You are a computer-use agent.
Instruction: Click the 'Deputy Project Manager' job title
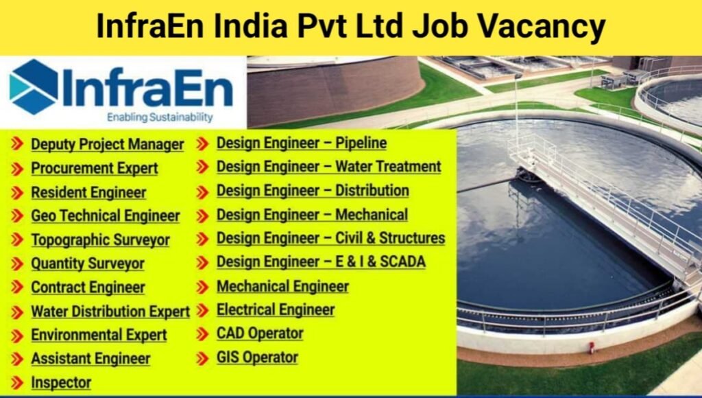coord(107,145)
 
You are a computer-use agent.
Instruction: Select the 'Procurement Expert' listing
coord(95,168)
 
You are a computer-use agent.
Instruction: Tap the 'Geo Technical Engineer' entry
coord(106,215)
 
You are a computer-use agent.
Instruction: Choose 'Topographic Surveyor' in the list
coord(100,240)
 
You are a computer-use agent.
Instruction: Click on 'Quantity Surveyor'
coord(88,264)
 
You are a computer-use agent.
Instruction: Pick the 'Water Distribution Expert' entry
coord(110,312)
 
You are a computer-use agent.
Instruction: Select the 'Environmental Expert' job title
coord(99,335)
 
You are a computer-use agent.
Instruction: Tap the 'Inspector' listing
coord(61,382)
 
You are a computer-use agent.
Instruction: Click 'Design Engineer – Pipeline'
coord(302,143)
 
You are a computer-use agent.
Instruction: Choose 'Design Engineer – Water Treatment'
coord(329,167)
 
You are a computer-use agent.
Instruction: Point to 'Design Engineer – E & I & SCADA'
coord(321,261)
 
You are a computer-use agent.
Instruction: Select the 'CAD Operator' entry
coord(260,333)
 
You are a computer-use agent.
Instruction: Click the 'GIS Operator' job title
coord(257,358)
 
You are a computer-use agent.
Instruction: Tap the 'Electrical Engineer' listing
coord(276,309)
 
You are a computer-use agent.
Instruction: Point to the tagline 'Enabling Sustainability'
coord(160,117)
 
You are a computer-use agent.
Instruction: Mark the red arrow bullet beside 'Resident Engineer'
coord(17,193)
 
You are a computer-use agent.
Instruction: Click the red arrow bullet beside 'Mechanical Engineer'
coord(202,287)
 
